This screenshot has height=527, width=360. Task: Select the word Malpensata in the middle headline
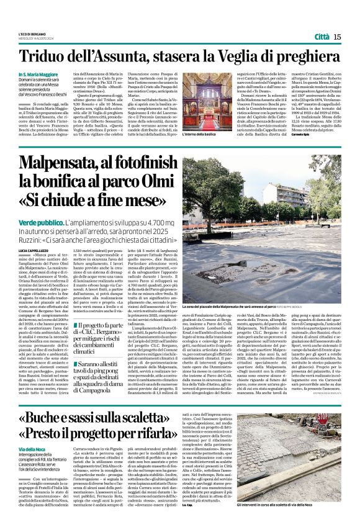point(65,164)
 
